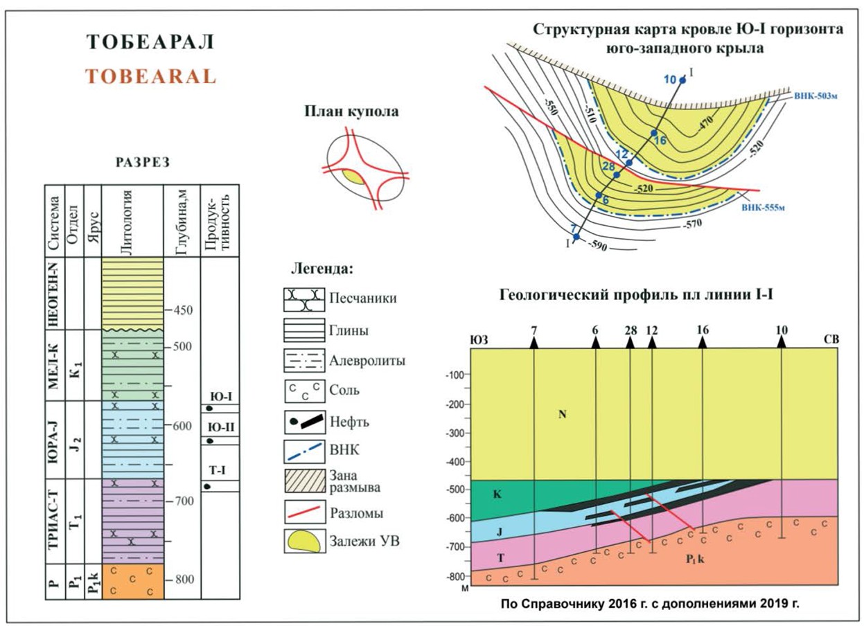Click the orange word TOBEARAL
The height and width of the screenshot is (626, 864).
coord(151,75)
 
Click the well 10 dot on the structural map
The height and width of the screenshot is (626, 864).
coord(682,81)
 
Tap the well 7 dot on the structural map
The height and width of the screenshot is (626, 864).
coord(576,237)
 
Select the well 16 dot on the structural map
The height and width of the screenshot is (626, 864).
coord(653,132)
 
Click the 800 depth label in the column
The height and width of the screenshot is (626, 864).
coord(184,580)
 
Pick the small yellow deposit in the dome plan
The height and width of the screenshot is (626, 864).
coord(354,177)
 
